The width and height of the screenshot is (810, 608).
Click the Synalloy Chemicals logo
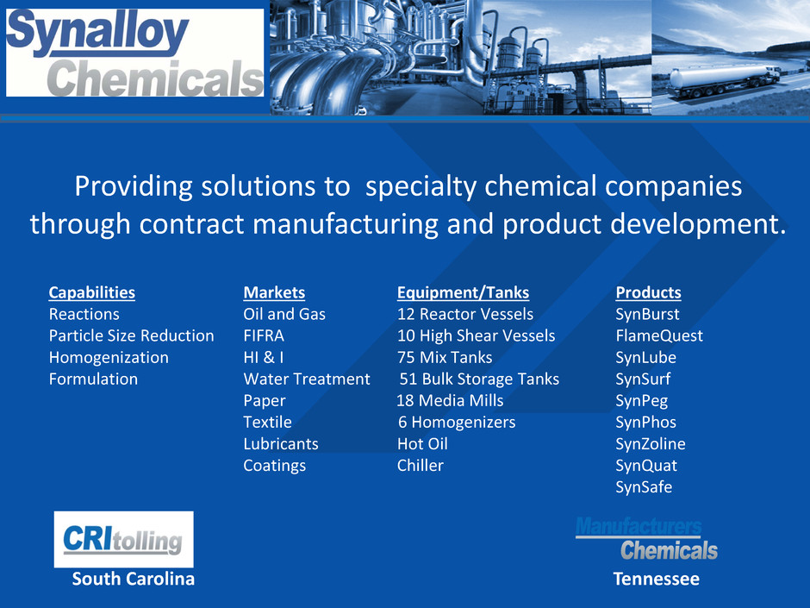click(134, 53)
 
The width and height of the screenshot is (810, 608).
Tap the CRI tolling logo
click(123, 539)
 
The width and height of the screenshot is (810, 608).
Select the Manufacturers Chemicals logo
click(646, 539)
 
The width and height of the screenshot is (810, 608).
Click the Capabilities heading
click(92, 292)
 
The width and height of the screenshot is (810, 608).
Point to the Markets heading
click(274, 292)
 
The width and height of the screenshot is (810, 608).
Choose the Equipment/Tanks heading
click(463, 292)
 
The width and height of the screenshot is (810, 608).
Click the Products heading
click(648, 292)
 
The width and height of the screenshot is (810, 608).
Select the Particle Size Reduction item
click(131, 335)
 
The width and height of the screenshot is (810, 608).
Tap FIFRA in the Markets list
click(264, 335)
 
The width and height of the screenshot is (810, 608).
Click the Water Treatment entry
click(307, 379)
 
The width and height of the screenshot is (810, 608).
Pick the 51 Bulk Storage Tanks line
click(479, 379)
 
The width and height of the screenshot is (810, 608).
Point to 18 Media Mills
click(450, 401)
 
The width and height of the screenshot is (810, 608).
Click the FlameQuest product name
click(659, 335)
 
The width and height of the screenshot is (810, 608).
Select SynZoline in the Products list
click(651, 443)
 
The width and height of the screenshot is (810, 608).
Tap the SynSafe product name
click(644, 487)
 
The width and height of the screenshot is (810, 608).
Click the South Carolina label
click(134, 579)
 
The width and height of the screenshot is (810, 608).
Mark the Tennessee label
click(656, 579)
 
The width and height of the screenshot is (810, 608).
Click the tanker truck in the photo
click(724, 82)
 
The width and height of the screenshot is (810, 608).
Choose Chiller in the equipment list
click(420, 466)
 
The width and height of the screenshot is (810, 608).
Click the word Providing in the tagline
click(134, 186)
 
